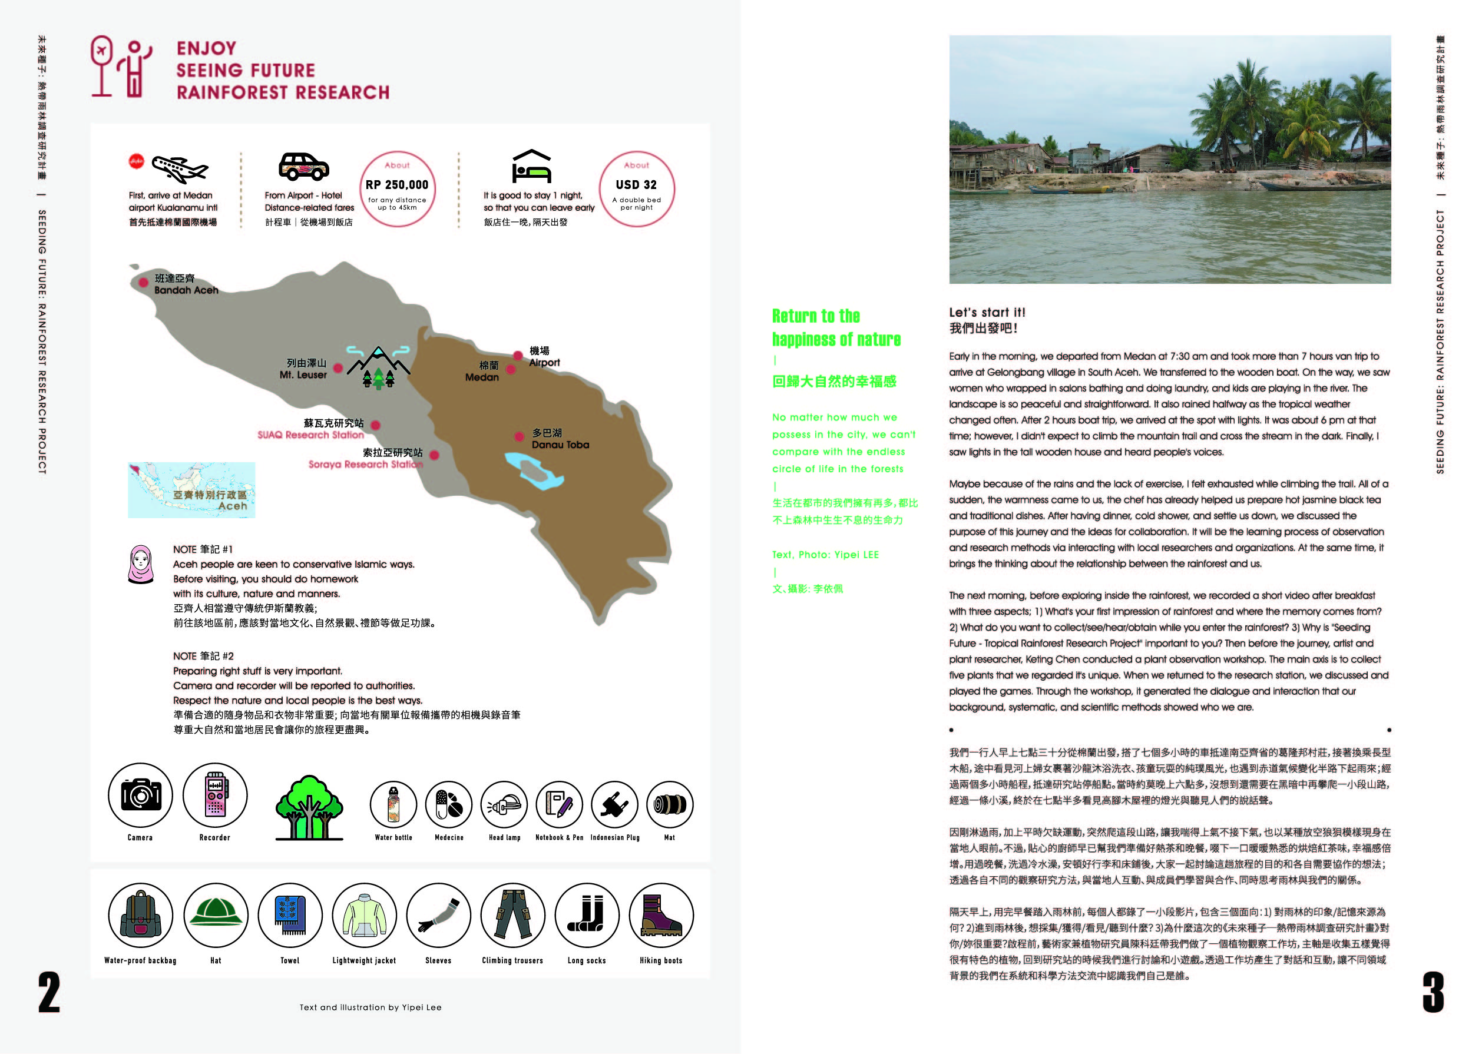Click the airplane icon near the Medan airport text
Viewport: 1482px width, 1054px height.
coord(180,170)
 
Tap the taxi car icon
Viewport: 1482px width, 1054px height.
coord(303,167)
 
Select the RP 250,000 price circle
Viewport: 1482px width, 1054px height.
coord(396,190)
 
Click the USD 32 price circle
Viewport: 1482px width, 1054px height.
coord(636,190)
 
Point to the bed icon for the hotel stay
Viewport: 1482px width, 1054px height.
coord(532,167)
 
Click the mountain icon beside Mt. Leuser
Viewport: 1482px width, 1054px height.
coord(379,367)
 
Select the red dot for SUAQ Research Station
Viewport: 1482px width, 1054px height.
coord(375,426)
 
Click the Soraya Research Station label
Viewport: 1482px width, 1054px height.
coord(365,464)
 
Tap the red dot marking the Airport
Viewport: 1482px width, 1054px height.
coord(517,355)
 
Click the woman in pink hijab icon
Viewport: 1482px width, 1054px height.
coord(140,564)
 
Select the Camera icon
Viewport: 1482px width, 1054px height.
coord(140,795)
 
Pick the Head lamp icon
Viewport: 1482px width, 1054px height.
coord(504,805)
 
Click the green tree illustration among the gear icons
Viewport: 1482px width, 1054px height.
coord(309,807)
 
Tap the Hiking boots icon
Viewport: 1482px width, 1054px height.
coord(661,915)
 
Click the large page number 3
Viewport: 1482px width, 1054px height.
coord(1433,992)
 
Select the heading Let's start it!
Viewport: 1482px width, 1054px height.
coord(987,313)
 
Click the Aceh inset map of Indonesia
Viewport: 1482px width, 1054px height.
coord(191,490)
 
